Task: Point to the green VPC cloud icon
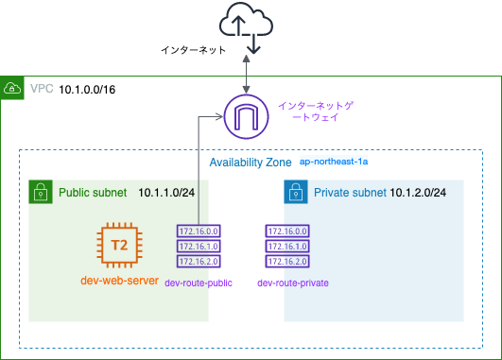pyautogui.click(x=13, y=89)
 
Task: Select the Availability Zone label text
pyautogui.click(x=250, y=163)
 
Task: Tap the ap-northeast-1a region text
pyautogui.click(x=333, y=163)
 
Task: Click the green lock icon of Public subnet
pyautogui.click(x=41, y=193)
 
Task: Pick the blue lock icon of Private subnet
pyautogui.click(x=296, y=193)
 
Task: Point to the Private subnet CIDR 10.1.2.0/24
pyautogui.click(x=419, y=193)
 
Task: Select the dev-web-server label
pyautogui.click(x=118, y=281)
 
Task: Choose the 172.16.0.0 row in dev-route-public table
pyautogui.click(x=197, y=230)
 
